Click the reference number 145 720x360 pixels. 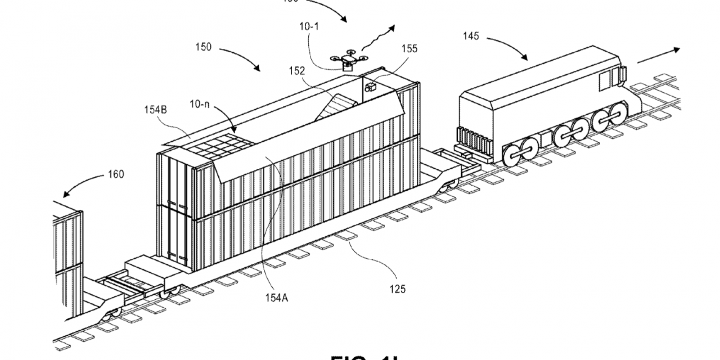[x=471, y=37]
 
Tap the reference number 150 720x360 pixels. [x=204, y=47]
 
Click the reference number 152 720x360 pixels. [x=296, y=71]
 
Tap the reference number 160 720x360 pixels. [x=115, y=174]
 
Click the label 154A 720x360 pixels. [x=277, y=299]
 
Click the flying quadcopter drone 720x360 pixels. [x=349, y=60]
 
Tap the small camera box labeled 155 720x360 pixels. [x=371, y=87]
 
